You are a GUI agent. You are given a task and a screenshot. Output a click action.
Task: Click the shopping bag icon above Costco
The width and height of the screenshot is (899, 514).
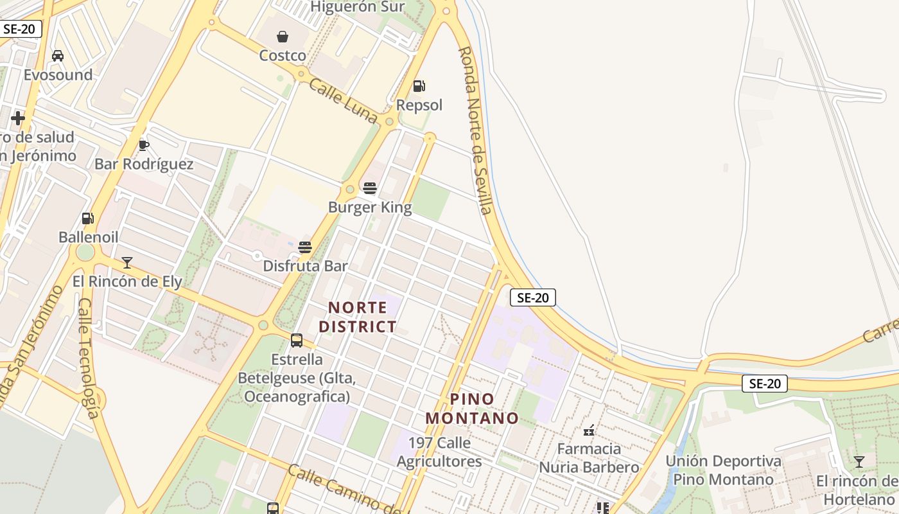(x=283, y=37)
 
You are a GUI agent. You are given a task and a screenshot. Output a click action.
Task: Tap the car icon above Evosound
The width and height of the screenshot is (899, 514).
(x=58, y=56)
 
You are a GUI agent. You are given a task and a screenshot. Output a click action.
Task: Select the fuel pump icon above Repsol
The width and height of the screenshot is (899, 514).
(x=419, y=86)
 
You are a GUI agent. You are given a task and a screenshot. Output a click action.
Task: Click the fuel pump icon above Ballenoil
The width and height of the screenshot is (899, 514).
(x=87, y=218)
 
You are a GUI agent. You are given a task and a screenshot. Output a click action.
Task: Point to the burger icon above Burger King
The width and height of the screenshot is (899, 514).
(x=370, y=188)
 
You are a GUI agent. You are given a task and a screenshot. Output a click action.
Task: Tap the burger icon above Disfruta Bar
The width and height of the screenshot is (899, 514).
(x=305, y=247)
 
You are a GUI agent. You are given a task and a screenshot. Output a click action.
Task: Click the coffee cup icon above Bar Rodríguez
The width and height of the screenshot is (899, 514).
(x=144, y=145)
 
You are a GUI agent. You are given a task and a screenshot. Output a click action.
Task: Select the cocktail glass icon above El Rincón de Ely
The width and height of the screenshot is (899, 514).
(x=127, y=262)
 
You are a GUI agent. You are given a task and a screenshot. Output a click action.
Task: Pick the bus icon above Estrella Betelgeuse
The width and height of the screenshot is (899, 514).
(x=297, y=340)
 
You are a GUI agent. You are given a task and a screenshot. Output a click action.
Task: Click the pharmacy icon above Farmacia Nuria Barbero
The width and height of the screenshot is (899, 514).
(x=589, y=430)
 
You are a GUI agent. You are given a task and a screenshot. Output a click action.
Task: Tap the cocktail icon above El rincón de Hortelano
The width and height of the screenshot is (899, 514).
(x=859, y=462)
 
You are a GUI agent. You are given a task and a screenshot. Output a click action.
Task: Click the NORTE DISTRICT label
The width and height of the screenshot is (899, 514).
(x=358, y=317)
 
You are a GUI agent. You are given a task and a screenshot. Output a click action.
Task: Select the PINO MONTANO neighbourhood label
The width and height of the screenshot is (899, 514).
(x=472, y=409)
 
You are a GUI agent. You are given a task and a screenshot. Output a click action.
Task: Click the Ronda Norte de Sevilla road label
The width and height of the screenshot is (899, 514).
(x=476, y=128)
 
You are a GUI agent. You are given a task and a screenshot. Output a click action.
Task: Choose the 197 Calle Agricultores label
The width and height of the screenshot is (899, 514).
(x=439, y=452)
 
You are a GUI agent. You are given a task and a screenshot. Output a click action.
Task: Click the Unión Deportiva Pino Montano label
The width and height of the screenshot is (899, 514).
(x=723, y=470)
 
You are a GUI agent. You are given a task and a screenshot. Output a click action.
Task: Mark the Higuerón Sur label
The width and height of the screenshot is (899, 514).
(x=357, y=7)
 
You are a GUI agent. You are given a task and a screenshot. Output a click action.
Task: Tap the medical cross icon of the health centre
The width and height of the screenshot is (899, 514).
(x=18, y=118)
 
